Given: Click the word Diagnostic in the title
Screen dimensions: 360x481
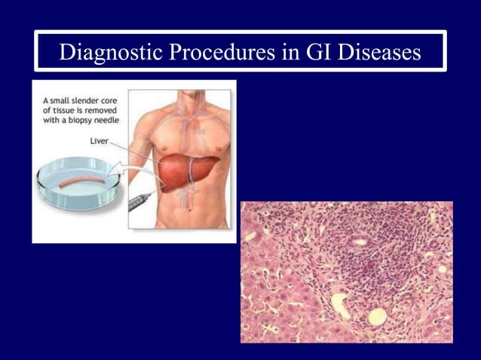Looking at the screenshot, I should pos(108,52).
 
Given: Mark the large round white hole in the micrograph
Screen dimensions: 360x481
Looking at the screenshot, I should pos(376,317).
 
